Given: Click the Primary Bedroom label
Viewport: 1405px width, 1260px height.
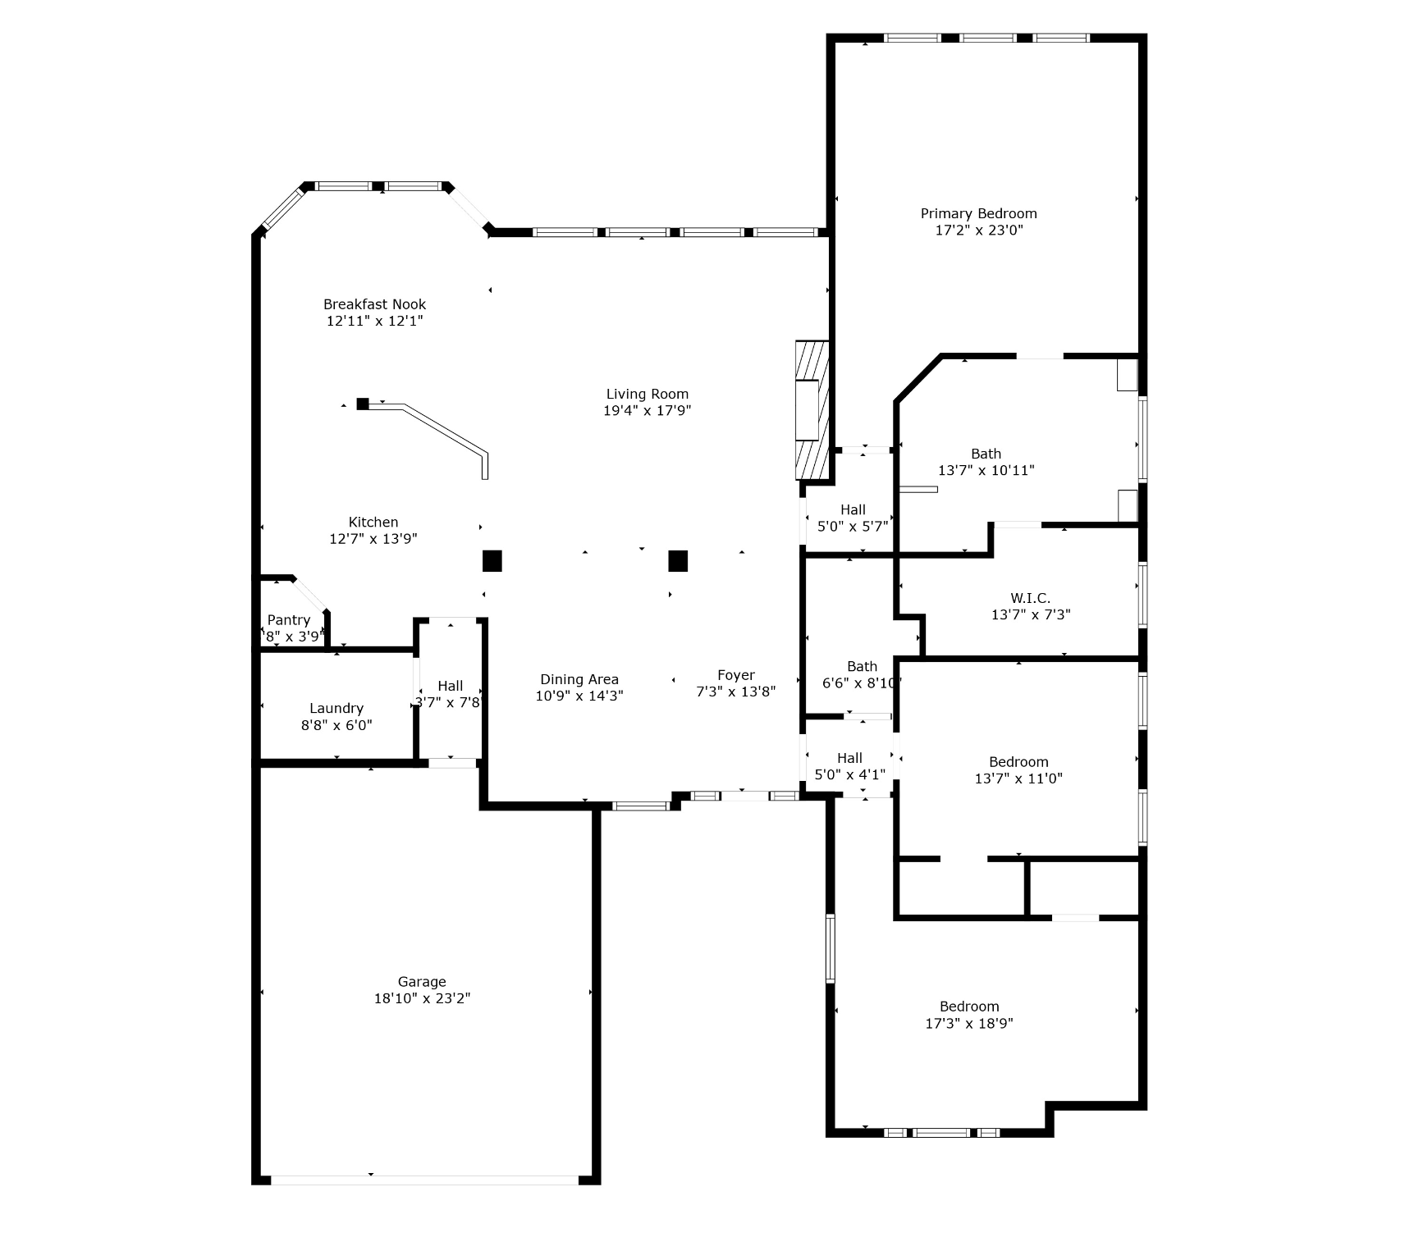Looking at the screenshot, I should pyautogui.click(x=978, y=214).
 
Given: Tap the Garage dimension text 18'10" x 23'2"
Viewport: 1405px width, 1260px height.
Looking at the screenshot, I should pyautogui.click(x=422, y=998).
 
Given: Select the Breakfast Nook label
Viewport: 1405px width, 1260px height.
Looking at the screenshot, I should pyautogui.click(x=374, y=304).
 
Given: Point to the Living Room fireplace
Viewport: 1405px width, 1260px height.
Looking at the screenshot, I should pyautogui.click(x=812, y=410).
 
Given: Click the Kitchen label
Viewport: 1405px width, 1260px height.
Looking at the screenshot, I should pyautogui.click(x=373, y=523).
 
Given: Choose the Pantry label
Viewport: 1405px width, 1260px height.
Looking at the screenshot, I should pyautogui.click(x=289, y=620).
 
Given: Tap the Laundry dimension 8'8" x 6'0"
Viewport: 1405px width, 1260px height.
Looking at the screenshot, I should pyautogui.click(x=336, y=725).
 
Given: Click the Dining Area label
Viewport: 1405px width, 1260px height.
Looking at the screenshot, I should pyautogui.click(x=579, y=679).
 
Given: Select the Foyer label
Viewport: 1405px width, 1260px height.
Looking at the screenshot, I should pyautogui.click(x=735, y=675).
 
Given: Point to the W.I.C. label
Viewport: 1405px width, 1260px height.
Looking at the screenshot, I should pyautogui.click(x=1030, y=598).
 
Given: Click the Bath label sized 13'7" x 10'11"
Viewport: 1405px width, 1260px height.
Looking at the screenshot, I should pyautogui.click(x=986, y=454).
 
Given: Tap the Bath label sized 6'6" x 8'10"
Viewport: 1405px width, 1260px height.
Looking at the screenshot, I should pyautogui.click(x=862, y=666).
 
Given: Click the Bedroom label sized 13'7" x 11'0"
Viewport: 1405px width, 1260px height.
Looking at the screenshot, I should pyautogui.click(x=1018, y=762).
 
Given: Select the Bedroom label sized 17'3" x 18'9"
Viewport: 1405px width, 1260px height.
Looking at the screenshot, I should pyautogui.click(x=969, y=1007).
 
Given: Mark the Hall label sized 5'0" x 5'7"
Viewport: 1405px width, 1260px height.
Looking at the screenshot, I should pyautogui.click(x=853, y=509).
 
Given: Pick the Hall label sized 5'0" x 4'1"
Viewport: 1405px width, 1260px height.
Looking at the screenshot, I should pyautogui.click(x=849, y=758).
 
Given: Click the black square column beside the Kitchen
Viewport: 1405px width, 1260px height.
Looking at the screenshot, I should pyautogui.click(x=492, y=561).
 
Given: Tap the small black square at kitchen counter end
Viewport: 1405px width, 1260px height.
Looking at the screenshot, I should pyautogui.click(x=363, y=404).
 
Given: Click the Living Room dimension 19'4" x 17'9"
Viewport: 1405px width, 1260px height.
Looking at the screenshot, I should pyautogui.click(x=647, y=411).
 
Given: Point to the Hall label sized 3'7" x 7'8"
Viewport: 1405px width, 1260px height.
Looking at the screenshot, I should pyautogui.click(x=450, y=686).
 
